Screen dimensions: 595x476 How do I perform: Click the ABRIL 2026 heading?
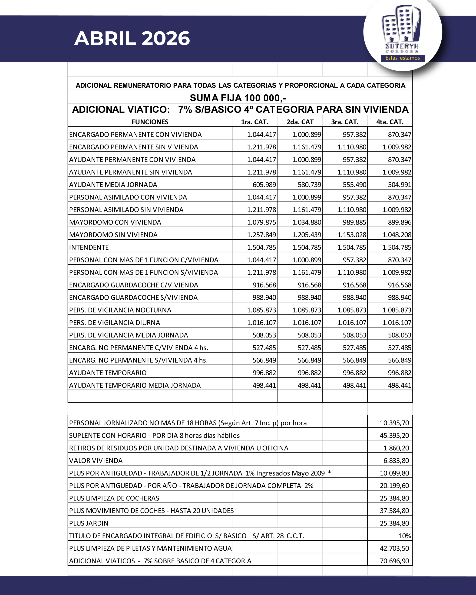pos(132,38)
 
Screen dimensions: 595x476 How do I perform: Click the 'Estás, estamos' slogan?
pos(402,58)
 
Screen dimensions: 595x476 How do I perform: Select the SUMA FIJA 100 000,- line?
pos(238,98)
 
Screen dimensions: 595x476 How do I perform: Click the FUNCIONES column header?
pos(150,122)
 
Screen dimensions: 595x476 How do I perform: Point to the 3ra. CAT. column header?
pos(345,122)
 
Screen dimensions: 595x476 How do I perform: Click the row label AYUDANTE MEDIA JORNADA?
pos(113,185)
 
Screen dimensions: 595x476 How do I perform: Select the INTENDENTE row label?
pos(89,247)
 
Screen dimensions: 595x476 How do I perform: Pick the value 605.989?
pos(264,185)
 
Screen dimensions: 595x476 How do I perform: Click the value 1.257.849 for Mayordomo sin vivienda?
pos(261,235)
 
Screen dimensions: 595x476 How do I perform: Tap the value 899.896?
pos(400,222)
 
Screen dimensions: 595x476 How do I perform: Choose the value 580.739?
pos(309,185)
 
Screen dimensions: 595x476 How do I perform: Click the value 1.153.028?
pos(352,235)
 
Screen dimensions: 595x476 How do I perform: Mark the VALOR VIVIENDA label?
pos(96,461)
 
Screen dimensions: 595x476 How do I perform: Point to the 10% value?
pos(405,536)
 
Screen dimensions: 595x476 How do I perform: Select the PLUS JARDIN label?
pos(89,523)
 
